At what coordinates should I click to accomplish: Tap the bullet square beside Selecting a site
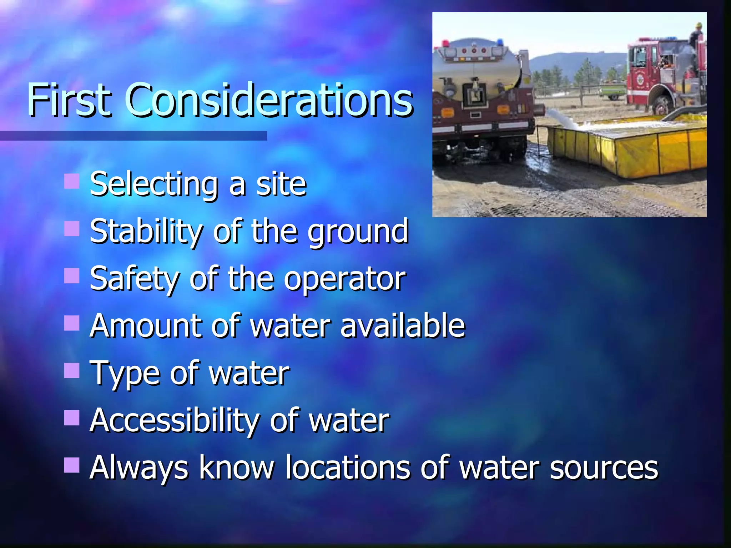72,181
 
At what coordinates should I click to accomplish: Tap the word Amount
145,325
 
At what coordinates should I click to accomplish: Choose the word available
402,325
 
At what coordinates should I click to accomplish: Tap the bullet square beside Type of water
72,370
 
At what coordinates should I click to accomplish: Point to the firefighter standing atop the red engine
696,36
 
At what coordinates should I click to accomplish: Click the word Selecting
153,185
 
